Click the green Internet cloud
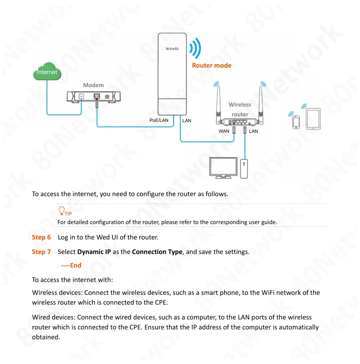point(47,72)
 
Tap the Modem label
point(93,85)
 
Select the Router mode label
point(212,65)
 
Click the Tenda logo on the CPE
point(172,49)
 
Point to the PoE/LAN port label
point(159,120)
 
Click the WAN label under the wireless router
point(224,131)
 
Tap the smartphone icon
point(296,122)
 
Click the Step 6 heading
point(41,237)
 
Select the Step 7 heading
point(41,252)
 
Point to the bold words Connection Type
point(157,252)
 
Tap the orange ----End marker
point(71,265)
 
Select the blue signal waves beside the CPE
point(196,48)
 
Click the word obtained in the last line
point(46,337)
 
